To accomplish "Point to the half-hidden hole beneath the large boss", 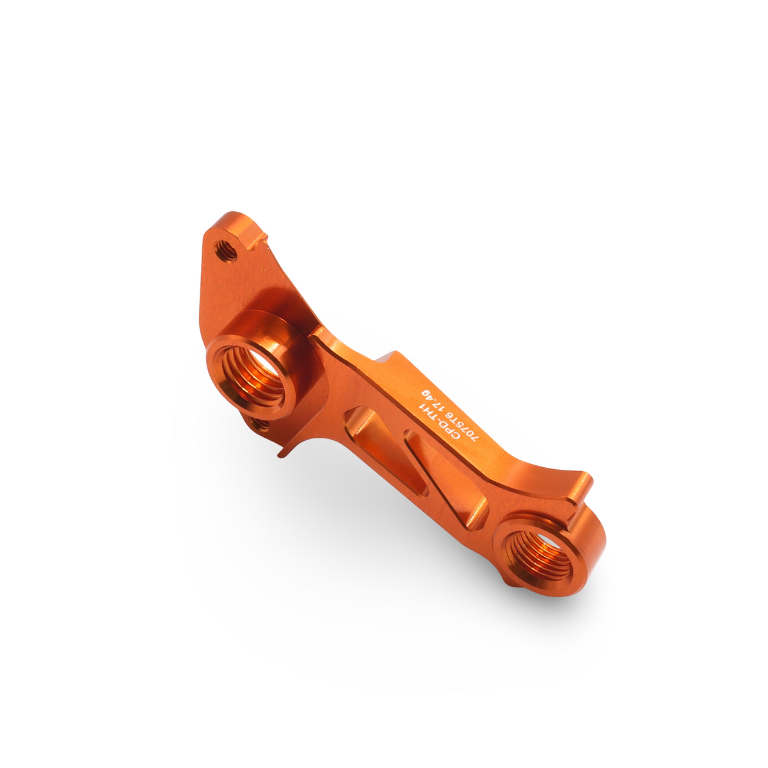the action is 260,424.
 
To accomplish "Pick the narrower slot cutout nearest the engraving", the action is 416,462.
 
